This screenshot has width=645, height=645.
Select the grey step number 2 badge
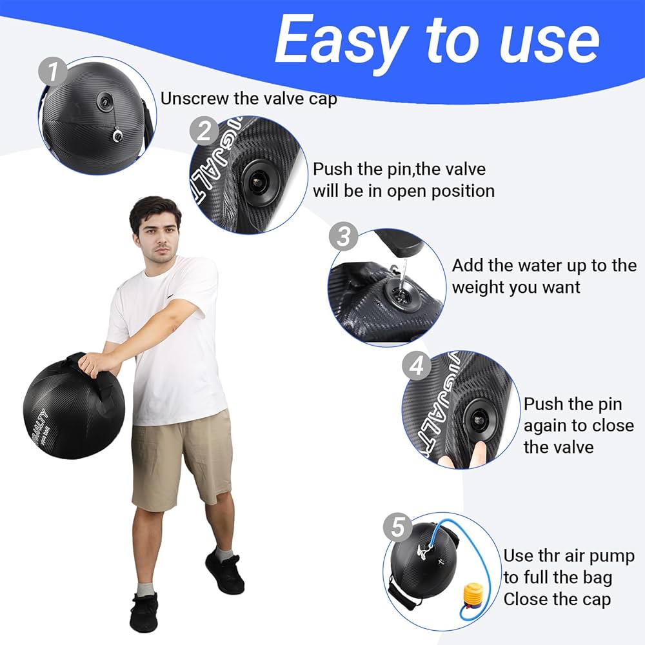coord(204,132)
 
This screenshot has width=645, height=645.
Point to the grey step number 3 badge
coord(343,237)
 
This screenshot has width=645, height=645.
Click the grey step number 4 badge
coord(417,366)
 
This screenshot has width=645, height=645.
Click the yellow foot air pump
coord(475,597)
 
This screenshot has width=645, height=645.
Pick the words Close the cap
coord(557,599)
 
